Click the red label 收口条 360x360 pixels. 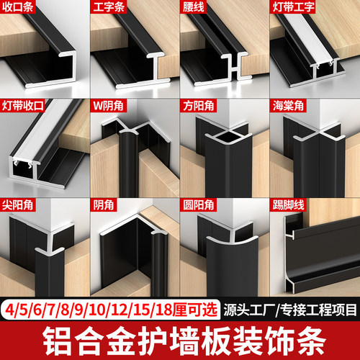coord(17,6)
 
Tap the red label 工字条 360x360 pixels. coord(109,6)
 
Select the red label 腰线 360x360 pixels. coord(194,6)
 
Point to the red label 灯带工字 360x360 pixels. coord(293,6)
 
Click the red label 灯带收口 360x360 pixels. coord(23,106)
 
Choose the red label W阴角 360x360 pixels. coord(108,106)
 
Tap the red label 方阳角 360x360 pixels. coord(199,106)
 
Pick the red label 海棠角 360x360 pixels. coord(288,106)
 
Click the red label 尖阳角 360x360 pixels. coord(17,205)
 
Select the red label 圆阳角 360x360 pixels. coord(199,205)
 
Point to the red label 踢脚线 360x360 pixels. coord(288,205)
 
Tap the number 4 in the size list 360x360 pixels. coord(9,310)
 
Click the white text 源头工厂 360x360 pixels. coord(249,310)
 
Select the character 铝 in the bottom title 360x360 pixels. coord(57,341)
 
